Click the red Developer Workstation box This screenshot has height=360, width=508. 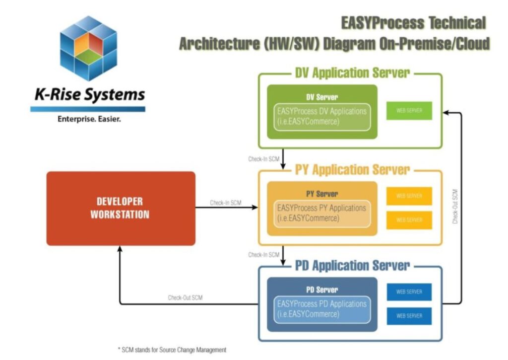(x=121, y=208)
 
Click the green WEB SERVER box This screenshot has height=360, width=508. (x=409, y=111)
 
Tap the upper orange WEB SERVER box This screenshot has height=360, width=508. (x=409, y=196)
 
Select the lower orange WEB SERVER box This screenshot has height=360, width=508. (x=409, y=220)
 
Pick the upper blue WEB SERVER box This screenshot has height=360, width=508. (x=409, y=292)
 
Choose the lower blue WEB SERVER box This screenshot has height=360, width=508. (x=409, y=316)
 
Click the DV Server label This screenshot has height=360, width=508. (x=322, y=97)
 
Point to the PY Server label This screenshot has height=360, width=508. (x=322, y=194)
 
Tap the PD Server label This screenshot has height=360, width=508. (x=322, y=289)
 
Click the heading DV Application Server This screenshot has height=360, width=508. (x=352, y=73)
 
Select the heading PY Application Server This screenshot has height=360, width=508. (x=352, y=170)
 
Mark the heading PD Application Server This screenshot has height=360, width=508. (x=352, y=265)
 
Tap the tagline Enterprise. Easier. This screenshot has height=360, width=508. (x=89, y=119)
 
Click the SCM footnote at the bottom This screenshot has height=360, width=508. (x=172, y=350)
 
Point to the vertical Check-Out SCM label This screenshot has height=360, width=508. (x=455, y=206)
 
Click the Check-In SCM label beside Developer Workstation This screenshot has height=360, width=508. (x=226, y=203)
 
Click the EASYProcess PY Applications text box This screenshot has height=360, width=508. (x=322, y=213)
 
